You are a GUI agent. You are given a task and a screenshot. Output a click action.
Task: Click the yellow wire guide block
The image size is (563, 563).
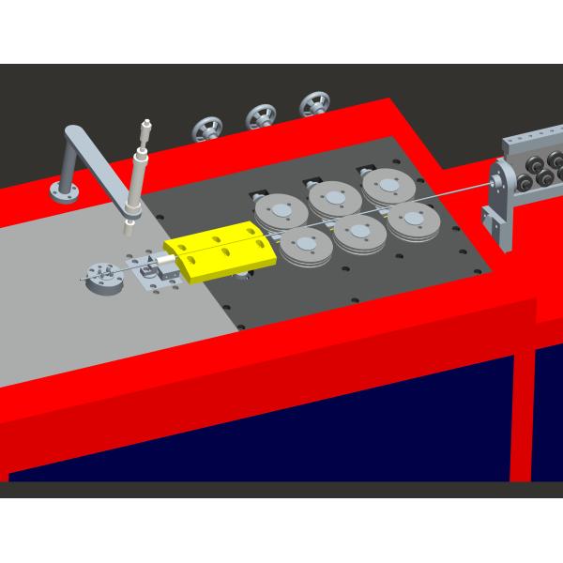click(x=220, y=254)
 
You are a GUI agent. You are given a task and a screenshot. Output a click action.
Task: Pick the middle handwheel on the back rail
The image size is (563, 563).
click(x=260, y=116)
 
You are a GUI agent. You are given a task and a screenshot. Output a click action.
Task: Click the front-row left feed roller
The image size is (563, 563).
click(x=306, y=245)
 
